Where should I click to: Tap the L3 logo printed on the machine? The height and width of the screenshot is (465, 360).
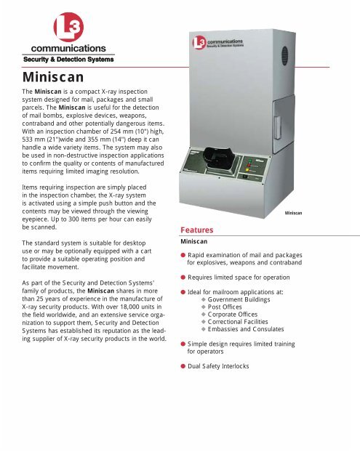coord(203,42)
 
